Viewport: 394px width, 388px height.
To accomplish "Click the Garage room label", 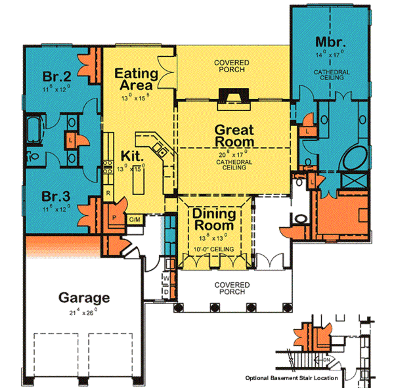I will pyautogui.click(x=84, y=297).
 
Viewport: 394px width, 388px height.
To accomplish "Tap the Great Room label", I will pyautogui.click(x=234, y=135).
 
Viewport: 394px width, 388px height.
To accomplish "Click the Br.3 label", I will pyautogui.click(x=56, y=196).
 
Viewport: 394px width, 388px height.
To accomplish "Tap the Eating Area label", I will pyautogui.click(x=136, y=79).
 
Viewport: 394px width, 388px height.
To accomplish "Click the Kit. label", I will pyautogui.click(x=132, y=155).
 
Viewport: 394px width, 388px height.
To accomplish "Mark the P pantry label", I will pyautogui.click(x=114, y=216).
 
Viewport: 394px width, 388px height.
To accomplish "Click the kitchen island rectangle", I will pyautogui.click(x=139, y=181).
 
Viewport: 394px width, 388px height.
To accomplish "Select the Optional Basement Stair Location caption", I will pyautogui.click(x=291, y=378).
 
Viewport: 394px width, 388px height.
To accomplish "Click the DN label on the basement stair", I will pyautogui.click(x=326, y=360).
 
